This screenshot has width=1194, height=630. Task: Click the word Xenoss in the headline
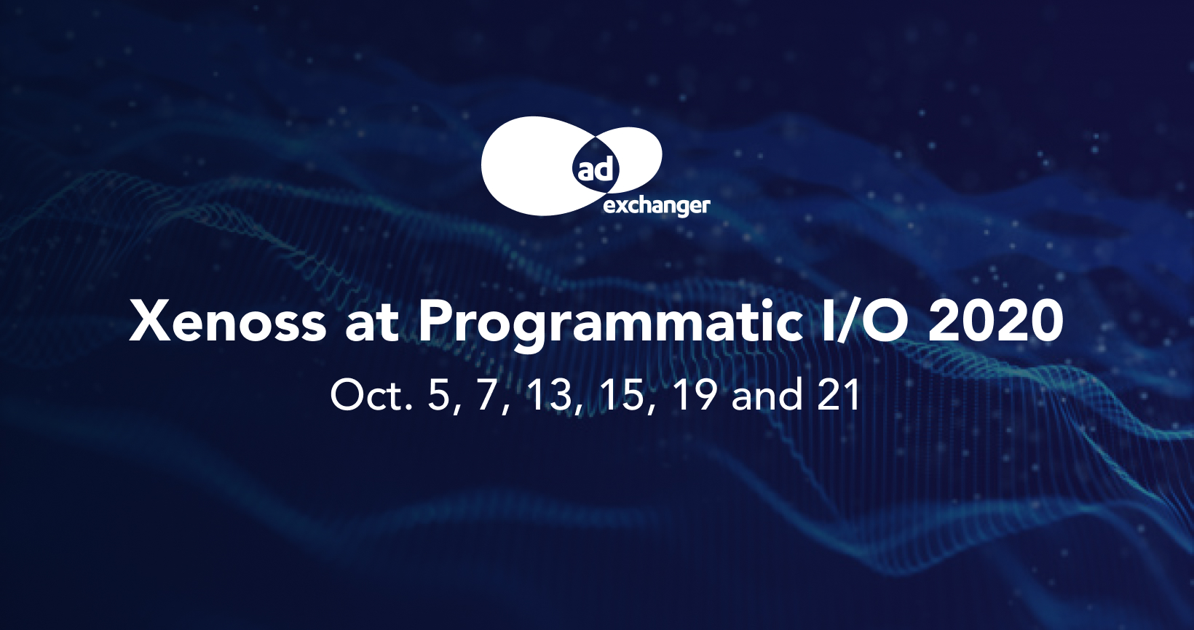click(228, 321)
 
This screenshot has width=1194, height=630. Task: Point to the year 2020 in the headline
click(996, 321)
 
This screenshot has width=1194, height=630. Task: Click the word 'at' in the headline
click(372, 324)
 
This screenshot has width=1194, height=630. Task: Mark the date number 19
click(694, 395)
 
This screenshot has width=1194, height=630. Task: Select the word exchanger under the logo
click(657, 207)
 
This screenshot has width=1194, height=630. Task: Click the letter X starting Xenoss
click(151, 321)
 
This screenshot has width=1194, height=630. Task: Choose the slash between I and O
click(843, 321)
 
